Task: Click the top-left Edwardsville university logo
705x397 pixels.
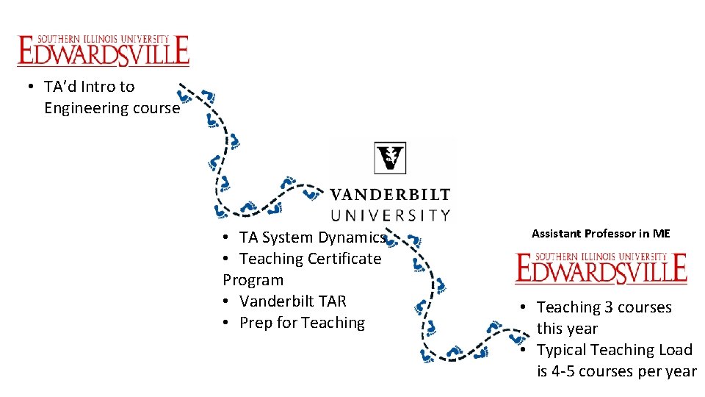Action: [103, 50]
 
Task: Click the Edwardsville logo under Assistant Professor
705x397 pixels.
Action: [601, 268]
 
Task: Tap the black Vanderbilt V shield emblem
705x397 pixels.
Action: [389, 157]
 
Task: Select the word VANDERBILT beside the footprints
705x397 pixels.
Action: [389, 195]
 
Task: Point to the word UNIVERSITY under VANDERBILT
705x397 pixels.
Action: [389, 215]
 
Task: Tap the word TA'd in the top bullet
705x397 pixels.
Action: [60, 87]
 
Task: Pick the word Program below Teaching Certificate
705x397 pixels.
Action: [253, 280]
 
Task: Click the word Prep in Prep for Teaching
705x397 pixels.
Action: [255, 323]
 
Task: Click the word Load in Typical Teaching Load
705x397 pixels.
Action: [674, 350]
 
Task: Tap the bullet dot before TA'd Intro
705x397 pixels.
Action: [29, 87]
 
